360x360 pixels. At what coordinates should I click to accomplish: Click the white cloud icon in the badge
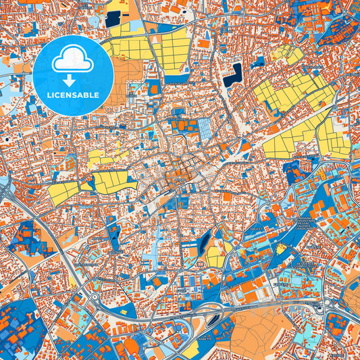point(73,61)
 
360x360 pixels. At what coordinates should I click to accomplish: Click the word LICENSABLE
point(73,95)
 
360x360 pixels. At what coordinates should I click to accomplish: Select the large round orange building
point(128,344)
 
